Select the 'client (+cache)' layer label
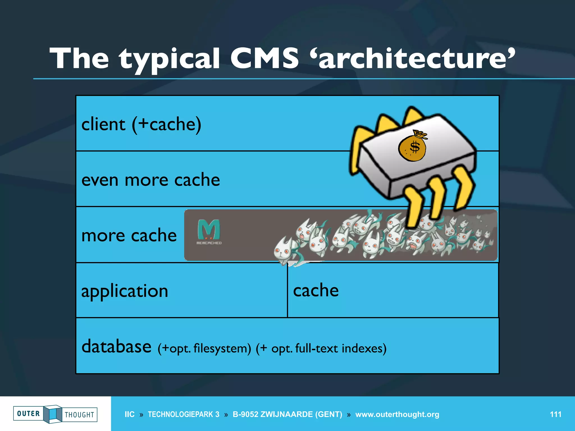(141, 124)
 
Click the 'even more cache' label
(150, 180)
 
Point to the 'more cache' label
(129, 235)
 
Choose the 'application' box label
(125, 291)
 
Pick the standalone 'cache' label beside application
(316, 290)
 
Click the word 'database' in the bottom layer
(116, 346)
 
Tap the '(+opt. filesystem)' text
(204, 349)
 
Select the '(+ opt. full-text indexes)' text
(321, 349)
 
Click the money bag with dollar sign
(412, 146)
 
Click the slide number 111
(555, 414)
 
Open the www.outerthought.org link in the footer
(397, 414)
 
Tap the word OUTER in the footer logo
(28, 414)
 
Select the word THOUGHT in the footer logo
(79, 415)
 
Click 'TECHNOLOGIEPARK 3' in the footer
(184, 414)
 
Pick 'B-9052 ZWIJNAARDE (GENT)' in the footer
(287, 414)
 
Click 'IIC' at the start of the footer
(129, 414)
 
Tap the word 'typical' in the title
(169, 59)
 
